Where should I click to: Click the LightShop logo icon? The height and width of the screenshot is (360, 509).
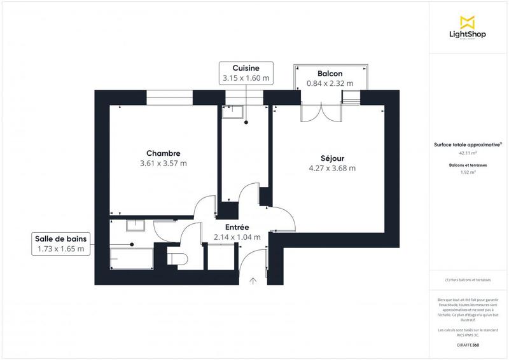(x=468, y=21)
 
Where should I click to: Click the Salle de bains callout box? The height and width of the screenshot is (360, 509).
(x=60, y=244)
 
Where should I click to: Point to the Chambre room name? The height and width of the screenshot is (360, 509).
(x=163, y=153)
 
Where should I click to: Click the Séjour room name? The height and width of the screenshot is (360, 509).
(x=331, y=158)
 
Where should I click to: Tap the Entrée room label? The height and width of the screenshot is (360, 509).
(x=237, y=227)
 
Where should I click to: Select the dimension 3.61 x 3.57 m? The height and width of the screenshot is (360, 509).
(x=163, y=163)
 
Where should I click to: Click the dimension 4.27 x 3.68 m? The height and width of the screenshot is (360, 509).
(x=331, y=168)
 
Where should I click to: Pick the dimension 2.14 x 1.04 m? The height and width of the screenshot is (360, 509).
(x=237, y=237)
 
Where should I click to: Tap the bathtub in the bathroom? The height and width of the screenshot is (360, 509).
(x=132, y=260)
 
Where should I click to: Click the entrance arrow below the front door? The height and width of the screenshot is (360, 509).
(x=253, y=280)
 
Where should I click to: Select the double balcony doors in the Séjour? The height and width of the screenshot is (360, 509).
(x=322, y=112)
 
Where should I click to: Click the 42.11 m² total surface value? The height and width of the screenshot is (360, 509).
(x=468, y=153)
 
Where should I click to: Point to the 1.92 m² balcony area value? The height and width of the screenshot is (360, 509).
(x=468, y=172)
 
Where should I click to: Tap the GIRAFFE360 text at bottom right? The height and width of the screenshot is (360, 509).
(x=468, y=344)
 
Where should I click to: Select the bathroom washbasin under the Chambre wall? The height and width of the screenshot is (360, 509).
(x=135, y=225)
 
